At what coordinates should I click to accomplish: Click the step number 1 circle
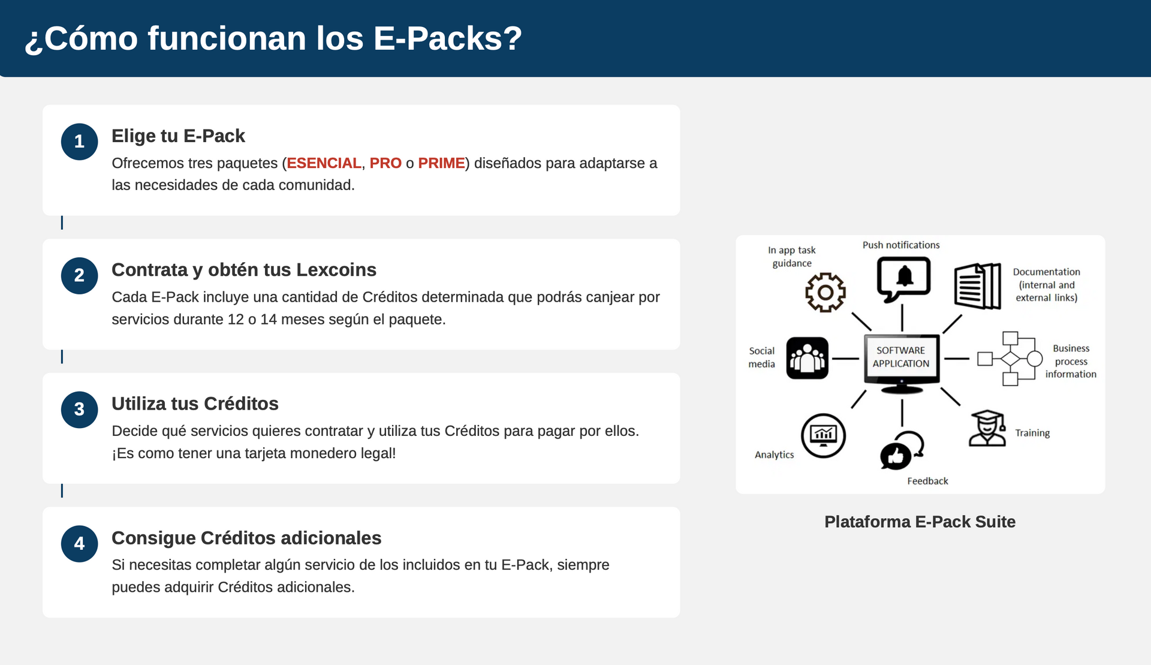coord(79,142)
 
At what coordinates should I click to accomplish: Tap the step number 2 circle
coord(79,276)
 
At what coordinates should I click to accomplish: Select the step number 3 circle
coord(79,410)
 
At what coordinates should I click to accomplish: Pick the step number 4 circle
coord(79,544)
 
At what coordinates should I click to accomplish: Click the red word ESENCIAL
coord(324,163)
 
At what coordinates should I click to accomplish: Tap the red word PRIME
coord(441,163)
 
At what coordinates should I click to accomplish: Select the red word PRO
coord(385,163)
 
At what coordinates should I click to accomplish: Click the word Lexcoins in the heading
coord(336,270)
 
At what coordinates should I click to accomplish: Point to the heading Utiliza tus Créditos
coord(195,404)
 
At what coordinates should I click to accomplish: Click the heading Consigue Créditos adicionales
coord(246,538)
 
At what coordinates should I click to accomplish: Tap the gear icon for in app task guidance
coord(825,292)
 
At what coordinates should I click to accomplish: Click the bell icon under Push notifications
coord(904,278)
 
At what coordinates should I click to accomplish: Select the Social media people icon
coord(807,358)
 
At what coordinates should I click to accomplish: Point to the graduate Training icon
coord(987,428)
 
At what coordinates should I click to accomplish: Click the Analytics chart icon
coord(823,435)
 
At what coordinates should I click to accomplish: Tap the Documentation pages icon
coord(977,286)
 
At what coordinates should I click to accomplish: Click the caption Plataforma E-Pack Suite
coord(920,522)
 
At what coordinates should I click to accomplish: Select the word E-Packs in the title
coord(447,38)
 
